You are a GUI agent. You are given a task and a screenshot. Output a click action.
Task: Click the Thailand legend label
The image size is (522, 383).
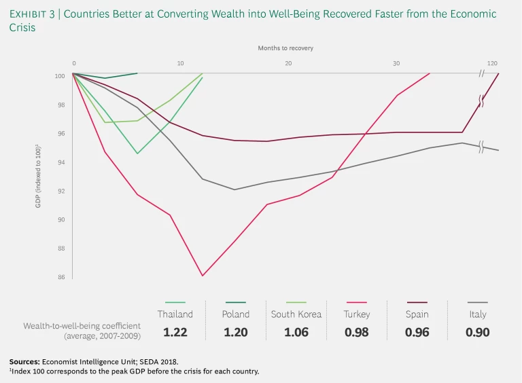(175, 314)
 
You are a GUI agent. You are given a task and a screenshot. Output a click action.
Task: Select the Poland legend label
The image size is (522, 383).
(236, 314)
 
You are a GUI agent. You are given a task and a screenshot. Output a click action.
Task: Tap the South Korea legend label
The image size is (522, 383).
(296, 314)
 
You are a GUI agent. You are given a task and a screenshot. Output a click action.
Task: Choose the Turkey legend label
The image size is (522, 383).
(357, 314)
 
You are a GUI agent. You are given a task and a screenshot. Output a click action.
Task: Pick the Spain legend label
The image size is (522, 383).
(417, 314)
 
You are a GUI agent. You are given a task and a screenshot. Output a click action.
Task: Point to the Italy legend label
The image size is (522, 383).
(478, 314)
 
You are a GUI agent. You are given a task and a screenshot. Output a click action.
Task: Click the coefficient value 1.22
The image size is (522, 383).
(175, 333)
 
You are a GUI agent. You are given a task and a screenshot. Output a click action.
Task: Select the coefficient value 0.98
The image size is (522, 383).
(357, 333)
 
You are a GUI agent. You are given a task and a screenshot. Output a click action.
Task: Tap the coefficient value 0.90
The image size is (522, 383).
(478, 333)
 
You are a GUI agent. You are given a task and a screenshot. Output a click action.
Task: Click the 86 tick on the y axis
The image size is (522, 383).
(60, 277)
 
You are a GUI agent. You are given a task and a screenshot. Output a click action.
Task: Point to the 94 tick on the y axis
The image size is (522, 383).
(60, 162)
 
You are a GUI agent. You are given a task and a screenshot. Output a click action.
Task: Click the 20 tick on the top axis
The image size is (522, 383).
(289, 63)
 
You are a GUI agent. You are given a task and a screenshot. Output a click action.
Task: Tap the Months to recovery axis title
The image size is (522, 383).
(285, 48)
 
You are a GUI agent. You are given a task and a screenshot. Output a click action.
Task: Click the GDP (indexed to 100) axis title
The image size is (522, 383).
(39, 177)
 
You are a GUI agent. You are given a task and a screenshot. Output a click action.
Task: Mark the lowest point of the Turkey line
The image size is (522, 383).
(203, 276)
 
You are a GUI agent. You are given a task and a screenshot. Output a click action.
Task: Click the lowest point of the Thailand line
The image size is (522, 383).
(137, 153)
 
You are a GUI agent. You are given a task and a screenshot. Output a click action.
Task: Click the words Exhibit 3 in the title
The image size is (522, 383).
(35, 14)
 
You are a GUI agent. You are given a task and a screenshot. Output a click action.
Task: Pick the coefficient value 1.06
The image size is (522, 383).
(296, 333)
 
